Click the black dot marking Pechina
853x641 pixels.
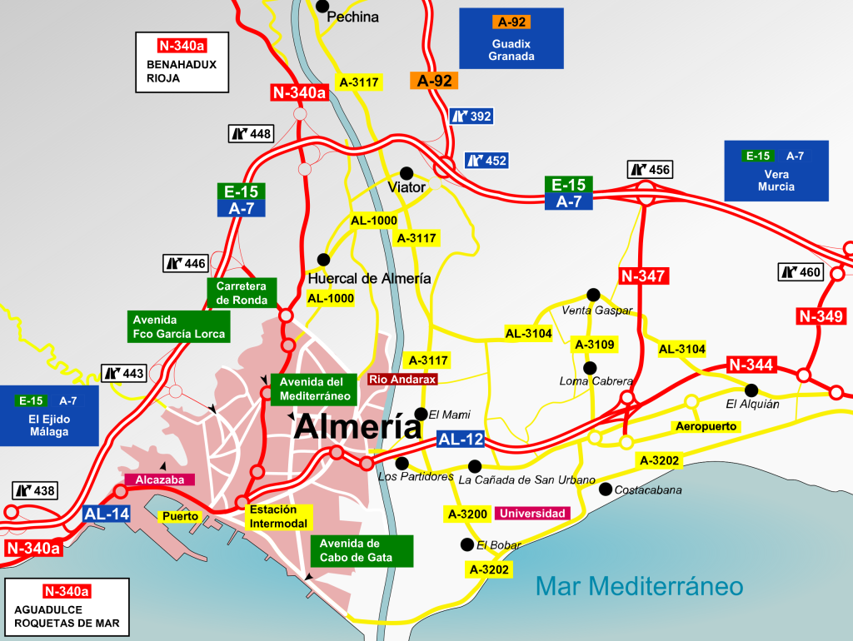pyautogui.click(x=322, y=6)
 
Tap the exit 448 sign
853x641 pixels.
pyautogui.click(x=250, y=133)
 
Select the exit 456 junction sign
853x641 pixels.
pyautogui.click(x=649, y=170)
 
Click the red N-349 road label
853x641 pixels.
pyautogui.click(x=821, y=316)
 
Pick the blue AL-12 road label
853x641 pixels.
pyautogui.click(x=460, y=440)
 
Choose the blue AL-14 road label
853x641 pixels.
pyautogui.click(x=107, y=514)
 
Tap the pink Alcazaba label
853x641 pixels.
pyautogui.click(x=159, y=480)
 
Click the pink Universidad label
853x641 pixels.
pyautogui.click(x=532, y=514)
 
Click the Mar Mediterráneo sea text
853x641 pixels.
pyautogui.click(x=639, y=586)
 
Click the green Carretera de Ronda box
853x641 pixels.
pyautogui.click(x=240, y=293)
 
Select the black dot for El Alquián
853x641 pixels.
pyautogui.click(x=751, y=389)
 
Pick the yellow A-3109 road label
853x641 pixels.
pyautogui.click(x=594, y=345)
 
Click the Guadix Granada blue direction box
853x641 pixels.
pyautogui.click(x=511, y=38)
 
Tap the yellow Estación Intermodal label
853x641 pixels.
pyautogui.click(x=278, y=517)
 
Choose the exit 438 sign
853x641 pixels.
pyautogui.click(x=35, y=491)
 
